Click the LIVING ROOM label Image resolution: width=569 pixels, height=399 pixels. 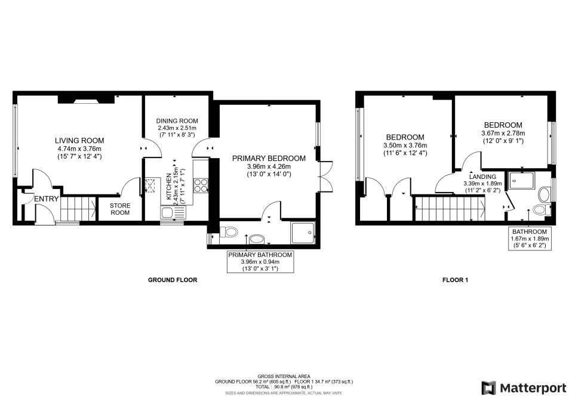point(79,141)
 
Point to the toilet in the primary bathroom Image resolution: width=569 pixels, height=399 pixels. point(230,231)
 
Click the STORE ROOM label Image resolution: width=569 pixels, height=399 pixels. point(119,209)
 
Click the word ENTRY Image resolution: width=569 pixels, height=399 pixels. point(46,199)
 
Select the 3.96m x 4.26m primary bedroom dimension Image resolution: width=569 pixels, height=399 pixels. point(269,167)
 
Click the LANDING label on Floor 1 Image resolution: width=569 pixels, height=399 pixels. point(482,177)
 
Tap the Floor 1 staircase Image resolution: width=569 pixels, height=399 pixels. point(449,211)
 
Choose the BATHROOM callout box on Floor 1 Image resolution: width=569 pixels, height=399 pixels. point(529,238)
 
